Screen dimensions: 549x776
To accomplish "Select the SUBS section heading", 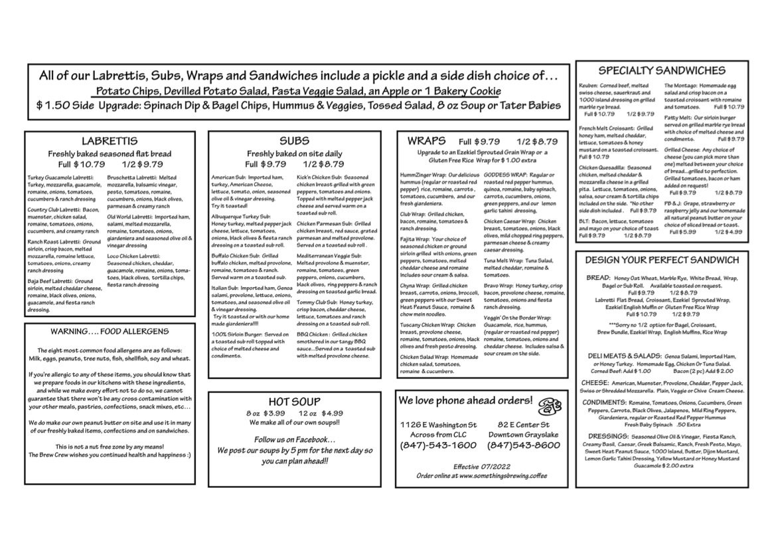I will pyautogui.click(x=293, y=141).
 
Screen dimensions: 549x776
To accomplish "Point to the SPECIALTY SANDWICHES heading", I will pyautogui.click(x=661, y=70).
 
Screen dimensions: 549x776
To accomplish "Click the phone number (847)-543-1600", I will pyautogui.click(x=438, y=445).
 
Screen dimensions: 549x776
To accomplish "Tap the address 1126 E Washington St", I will pyautogui.click(x=438, y=424).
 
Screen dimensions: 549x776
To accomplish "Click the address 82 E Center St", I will pyautogui.click(x=523, y=424).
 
